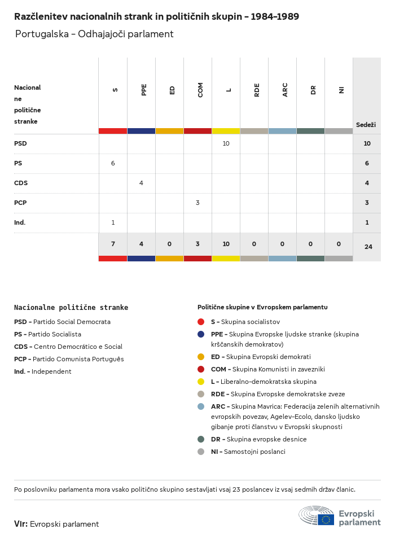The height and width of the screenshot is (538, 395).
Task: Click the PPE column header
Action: click(x=144, y=90)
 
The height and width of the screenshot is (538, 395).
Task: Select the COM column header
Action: click(x=200, y=90)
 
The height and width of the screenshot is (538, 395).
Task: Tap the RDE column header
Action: click(x=257, y=90)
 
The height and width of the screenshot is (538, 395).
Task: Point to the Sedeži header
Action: click(x=366, y=125)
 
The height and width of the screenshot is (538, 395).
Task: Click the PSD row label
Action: click(x=20, y=143)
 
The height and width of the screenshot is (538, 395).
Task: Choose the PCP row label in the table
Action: click(x=20, y=203)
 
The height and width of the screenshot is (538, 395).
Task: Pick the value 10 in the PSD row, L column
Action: click(x=226, y=143)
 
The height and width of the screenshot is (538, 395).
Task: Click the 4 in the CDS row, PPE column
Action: click(x=141, y=183)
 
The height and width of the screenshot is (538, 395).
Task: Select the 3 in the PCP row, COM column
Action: click(x=197, y=203)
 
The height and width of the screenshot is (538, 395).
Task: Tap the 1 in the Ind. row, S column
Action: click(x=113, y=222)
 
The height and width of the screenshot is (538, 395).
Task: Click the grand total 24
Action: click(x=368, y=247)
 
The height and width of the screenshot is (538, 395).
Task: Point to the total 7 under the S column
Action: click(x=113, y=244)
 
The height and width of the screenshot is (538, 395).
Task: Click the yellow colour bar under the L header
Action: click(x=226, y=131)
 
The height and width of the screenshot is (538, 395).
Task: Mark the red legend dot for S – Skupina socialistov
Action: click(x=201, y=322)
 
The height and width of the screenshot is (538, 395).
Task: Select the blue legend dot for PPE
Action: click(x=201, y=334)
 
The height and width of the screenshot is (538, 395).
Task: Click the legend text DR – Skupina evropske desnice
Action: click(x=259, y=439)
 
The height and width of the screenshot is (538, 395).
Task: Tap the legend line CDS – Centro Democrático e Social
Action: click(x=68, y=347)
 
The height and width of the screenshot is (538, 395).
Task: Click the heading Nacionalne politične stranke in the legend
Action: click(x=71, y=308)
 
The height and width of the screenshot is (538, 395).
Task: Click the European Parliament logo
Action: click(x=340, y=515)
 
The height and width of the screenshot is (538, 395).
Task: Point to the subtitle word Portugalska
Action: click(x=42, y=34)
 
